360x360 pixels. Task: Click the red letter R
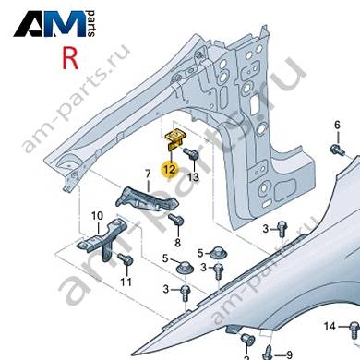[70, 58]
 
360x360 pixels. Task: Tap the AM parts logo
[54, 24]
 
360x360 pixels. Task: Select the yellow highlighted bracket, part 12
[174, 139]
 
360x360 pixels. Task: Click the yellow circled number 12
[171, 169]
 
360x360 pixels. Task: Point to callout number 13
[193, 177]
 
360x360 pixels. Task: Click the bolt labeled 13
[191, 153]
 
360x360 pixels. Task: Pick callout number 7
[148, 174]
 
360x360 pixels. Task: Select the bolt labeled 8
[176, 219]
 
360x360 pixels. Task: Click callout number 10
[97, 216]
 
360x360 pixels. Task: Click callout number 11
[126, 282]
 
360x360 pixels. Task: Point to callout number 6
[338, 125]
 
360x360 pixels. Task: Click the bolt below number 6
[338, 150]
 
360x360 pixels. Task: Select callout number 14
[330, 326]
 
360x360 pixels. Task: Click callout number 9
[289, 355]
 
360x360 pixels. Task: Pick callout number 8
[178, 243]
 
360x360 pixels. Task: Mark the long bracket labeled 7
[147, 200]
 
